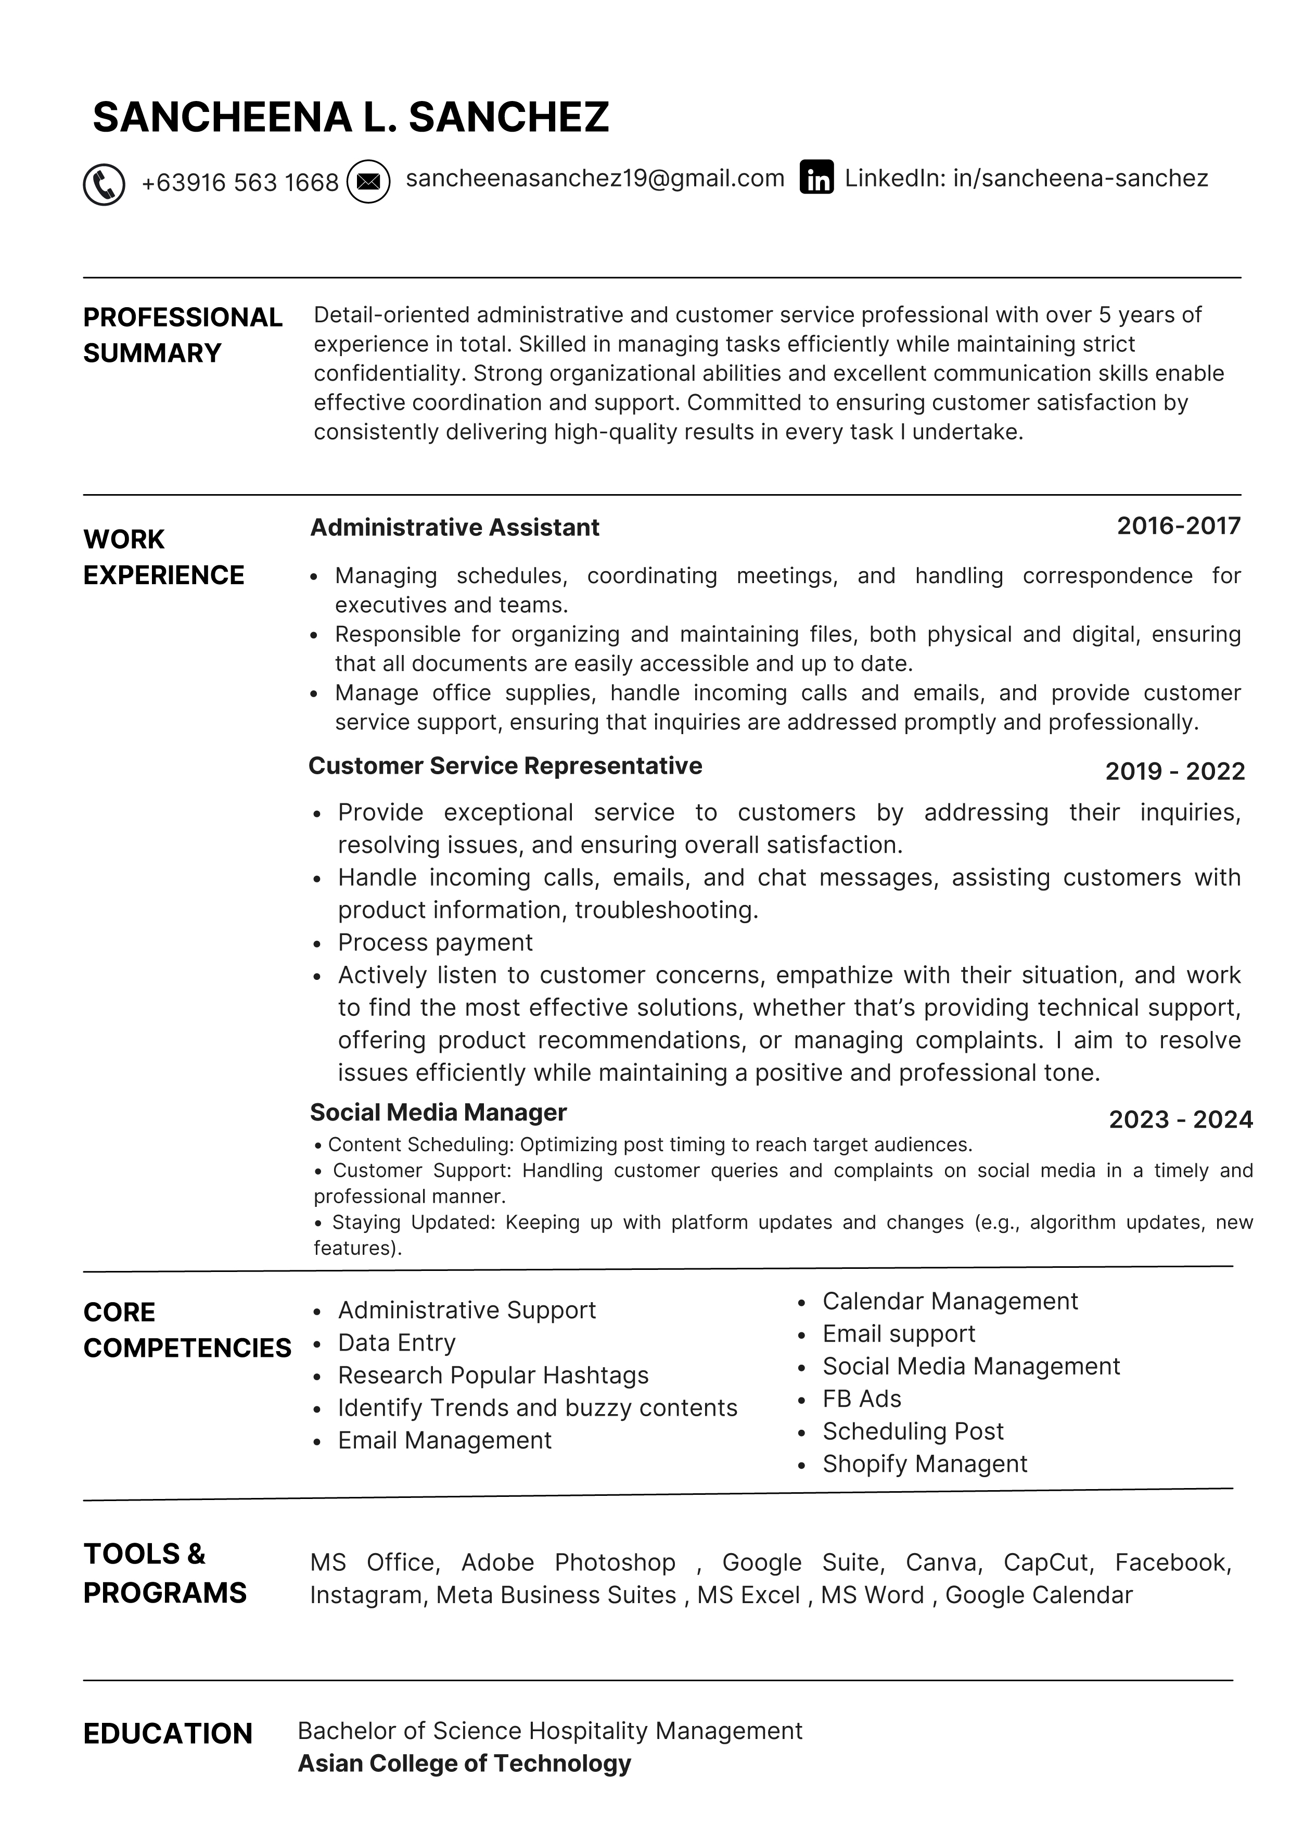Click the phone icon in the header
104,185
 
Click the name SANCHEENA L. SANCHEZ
351,118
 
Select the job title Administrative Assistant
454,527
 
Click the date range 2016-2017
1179,526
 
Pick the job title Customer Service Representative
505,765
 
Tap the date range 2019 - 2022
1175,771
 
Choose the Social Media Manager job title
438,1113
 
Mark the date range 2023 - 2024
1181,1119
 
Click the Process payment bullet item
435,942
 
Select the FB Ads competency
862,1398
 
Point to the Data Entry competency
396,1342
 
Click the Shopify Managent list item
924,1464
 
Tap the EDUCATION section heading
168,1734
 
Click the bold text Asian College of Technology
464,1763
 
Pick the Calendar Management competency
950,1301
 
